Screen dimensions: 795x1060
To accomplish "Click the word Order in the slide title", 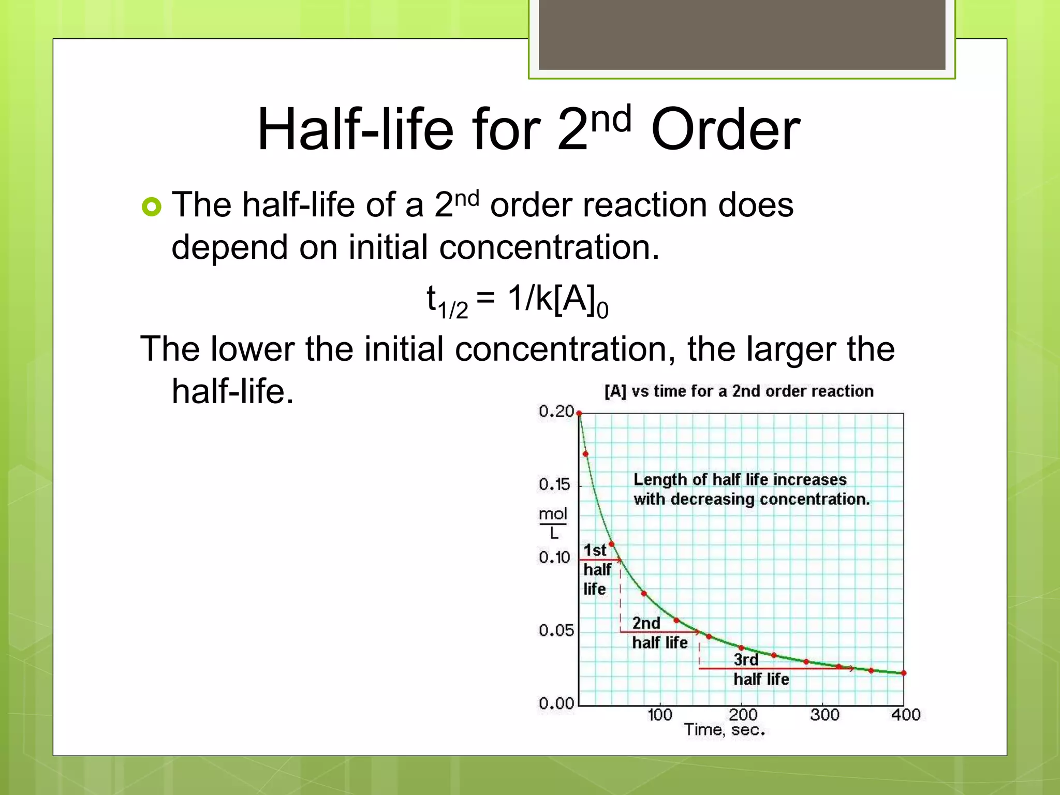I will click(725, 129).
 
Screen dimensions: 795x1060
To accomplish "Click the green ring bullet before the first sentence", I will click(151, 207).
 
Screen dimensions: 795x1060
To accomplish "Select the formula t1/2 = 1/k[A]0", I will click(517, 302).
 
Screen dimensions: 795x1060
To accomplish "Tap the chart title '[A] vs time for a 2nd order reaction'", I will click(739, 391).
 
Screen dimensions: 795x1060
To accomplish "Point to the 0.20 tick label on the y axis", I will click(556, 411).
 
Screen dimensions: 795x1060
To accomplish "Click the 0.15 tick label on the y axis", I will click(554, 484).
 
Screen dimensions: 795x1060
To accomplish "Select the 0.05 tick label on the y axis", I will click(556, 630).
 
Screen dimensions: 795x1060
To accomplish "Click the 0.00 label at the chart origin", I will click(556, 703).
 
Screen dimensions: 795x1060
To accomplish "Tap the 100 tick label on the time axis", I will click(659, 715).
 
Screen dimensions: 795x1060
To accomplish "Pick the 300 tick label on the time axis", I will click(824, 715).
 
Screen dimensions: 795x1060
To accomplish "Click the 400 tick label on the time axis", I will click(905, 715).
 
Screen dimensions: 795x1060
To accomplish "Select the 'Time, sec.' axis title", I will click(724, 730).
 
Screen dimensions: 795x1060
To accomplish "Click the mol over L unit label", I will click(553, 523).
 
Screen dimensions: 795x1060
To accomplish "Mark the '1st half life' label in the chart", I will click(596, 569).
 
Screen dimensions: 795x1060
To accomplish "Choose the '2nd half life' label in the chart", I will click(659, 633).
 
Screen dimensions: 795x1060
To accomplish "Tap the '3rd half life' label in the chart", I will click(760, 670).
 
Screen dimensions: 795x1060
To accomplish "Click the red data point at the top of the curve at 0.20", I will click(579, 414).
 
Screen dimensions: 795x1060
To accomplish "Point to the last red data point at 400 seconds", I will click(904, 673).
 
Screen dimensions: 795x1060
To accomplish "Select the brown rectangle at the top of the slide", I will click(742, 34).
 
